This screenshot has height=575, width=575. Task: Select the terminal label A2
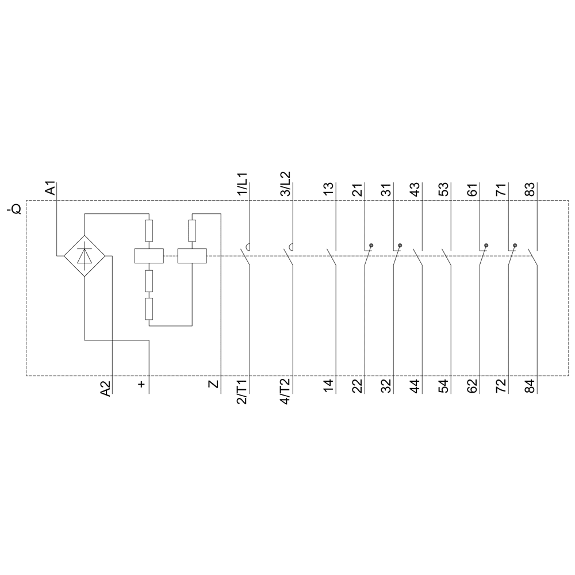(x=105, y=388)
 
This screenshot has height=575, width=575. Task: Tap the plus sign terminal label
(x=141, y=384)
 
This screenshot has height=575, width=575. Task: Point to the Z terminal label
(x=213, y=384)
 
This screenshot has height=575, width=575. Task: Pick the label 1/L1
(x=243, y=184)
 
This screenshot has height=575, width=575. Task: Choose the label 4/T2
(x=285, y=391)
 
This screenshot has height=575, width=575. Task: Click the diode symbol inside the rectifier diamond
(x=85, y=256)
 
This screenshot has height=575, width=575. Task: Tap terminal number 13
(x=329, y=189)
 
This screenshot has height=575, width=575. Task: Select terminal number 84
(x=530, y=386)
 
